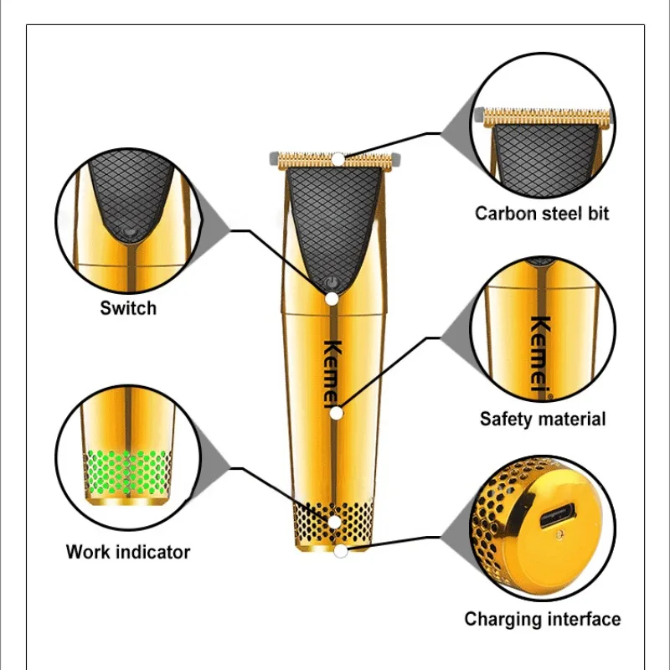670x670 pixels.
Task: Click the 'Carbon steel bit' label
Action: [x=542, y=213]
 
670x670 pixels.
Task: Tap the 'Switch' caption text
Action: [x=128, y=307]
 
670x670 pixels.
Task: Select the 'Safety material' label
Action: [x=542, y=418]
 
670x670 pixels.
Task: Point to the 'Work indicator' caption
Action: [x=128, y=552]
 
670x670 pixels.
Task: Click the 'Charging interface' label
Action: [x=543, y=619]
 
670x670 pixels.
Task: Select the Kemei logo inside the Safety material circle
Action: [x=542, y=352]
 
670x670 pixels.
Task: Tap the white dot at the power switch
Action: [x=332, y=298]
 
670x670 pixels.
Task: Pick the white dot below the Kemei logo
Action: [x=336, y=413]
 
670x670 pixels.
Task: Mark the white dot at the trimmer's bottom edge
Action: [x=339, y=551]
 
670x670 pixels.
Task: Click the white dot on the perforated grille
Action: [x=335, y=522]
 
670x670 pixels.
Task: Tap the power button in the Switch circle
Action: [x=127, y=227]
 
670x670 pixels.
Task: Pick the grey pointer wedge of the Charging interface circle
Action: [x=456, y=523]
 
